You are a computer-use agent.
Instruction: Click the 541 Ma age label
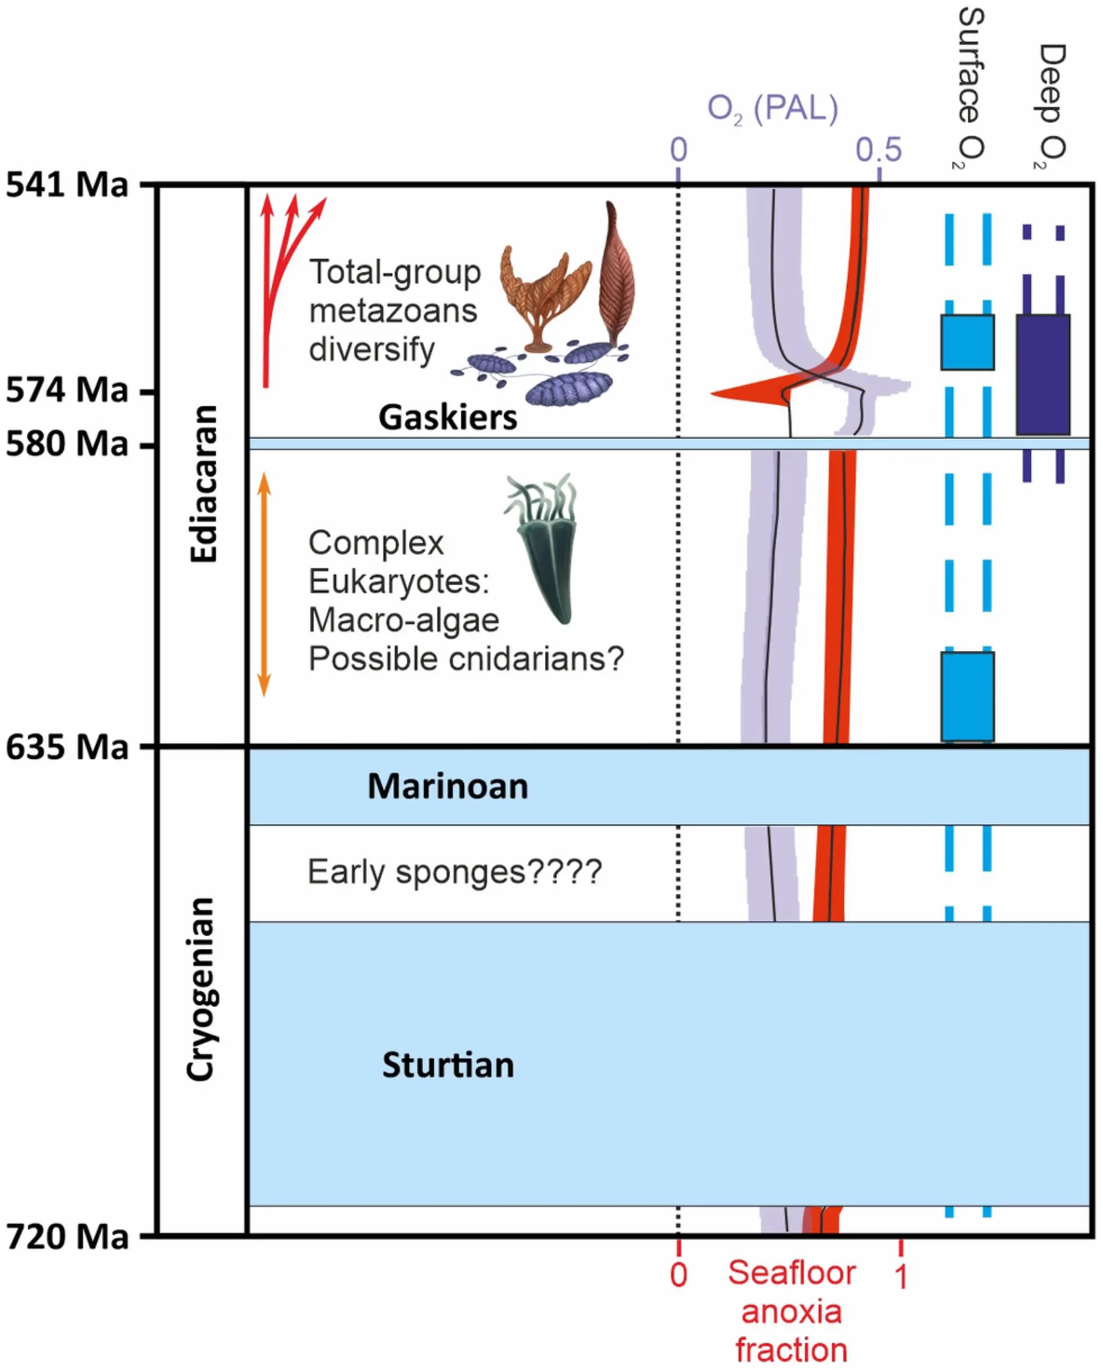click(67, 186)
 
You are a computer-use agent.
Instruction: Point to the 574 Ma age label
click(67, 390)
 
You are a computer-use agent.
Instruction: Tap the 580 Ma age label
click(67, 444)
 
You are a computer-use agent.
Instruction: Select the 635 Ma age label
click(67, 747)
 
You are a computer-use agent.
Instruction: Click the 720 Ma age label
click(67, 1237)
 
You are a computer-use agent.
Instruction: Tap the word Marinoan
click(448, 787)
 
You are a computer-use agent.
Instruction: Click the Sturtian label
click(448, 1065)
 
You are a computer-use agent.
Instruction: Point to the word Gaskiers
click(448, 417)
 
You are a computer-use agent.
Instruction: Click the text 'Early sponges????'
click(454, 871)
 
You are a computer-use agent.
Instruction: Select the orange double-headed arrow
click(264, 584)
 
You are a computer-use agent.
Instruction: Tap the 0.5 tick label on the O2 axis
click(879, 150)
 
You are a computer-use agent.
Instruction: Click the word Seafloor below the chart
click(792, 1273)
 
